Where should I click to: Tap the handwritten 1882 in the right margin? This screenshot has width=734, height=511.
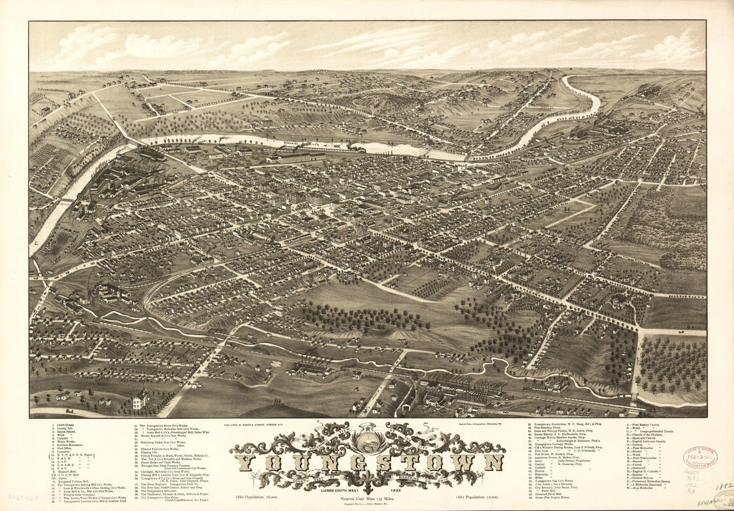pos(725,486)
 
